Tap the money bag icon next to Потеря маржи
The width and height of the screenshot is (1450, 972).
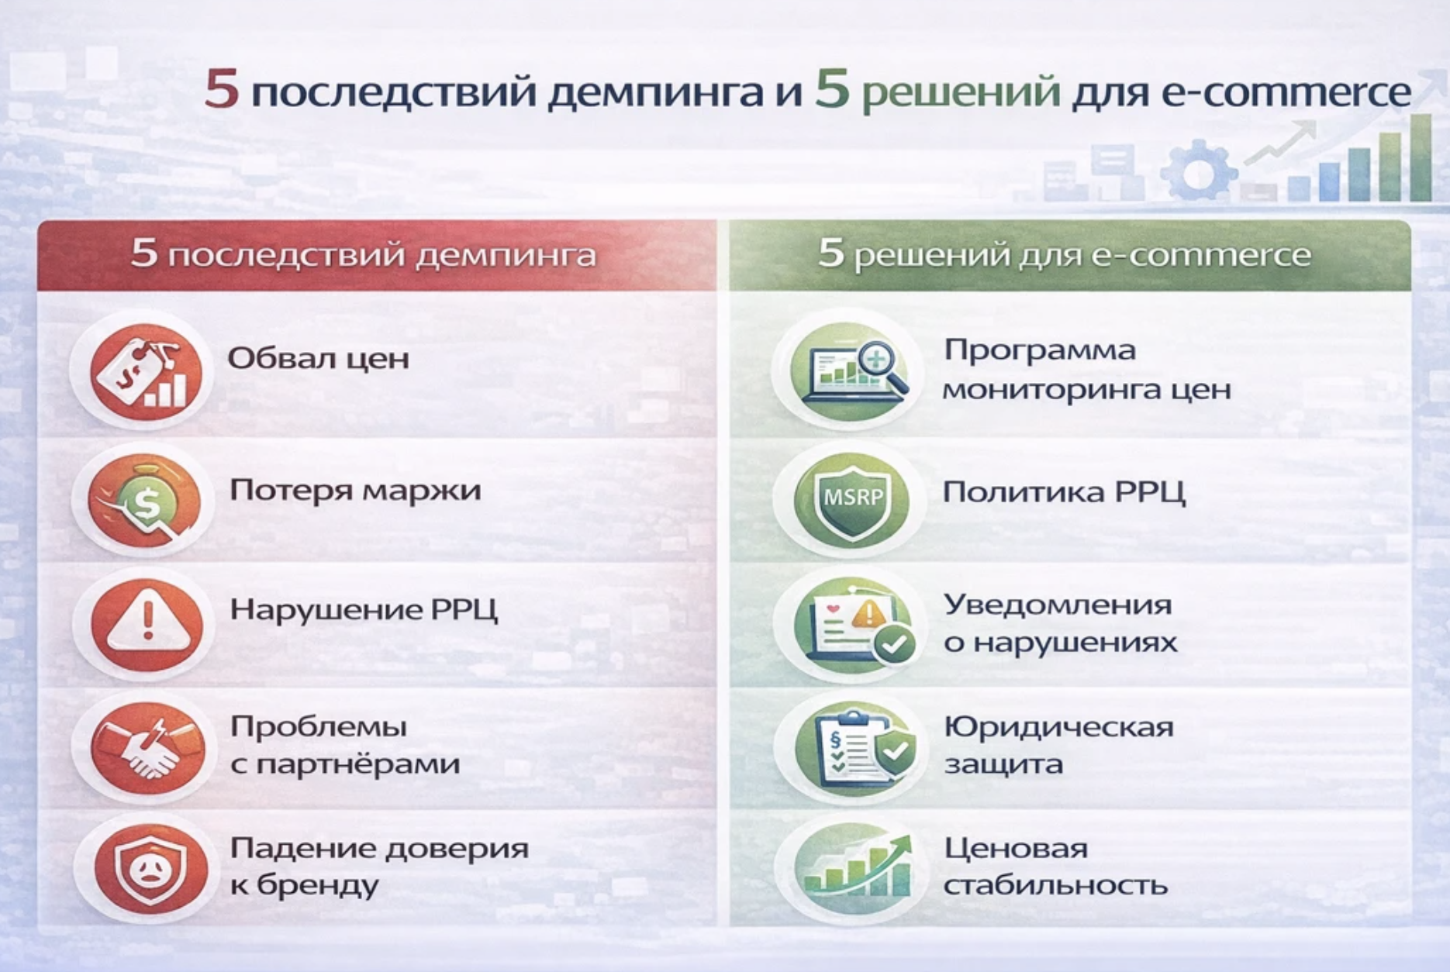[144, 500]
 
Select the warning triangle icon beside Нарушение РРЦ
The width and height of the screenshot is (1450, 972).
[147, 624]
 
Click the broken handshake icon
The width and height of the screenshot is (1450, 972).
[147, 748]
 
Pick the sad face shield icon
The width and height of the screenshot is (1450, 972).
[150, 869]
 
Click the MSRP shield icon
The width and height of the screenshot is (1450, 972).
[852, 500]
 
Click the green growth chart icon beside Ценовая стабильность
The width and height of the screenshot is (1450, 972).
[856, 869]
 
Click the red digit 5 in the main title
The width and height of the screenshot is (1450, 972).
[221, 89]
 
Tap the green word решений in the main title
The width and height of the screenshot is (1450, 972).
[961, 92]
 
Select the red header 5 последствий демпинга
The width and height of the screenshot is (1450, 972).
[364, 253]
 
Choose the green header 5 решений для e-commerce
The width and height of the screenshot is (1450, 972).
[1065, 253]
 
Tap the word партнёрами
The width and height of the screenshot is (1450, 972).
[357, 765]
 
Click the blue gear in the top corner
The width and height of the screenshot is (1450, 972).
[1198, 170]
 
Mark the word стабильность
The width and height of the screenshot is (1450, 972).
[1055, 885]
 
